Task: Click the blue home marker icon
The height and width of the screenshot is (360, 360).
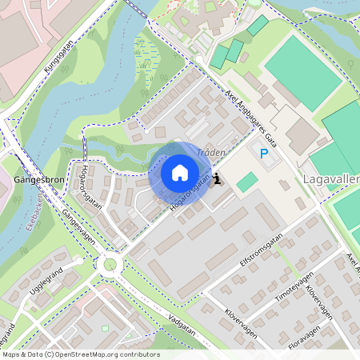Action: click(180, 173)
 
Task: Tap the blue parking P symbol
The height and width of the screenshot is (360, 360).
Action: click(263, 153)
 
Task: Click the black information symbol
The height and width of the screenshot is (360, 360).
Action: click(218, 181)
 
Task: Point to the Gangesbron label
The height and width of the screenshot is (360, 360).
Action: click(39, 180)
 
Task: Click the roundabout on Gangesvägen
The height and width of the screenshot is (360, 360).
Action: click(109, 264)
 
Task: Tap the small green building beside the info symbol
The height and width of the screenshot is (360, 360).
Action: click(248, 182)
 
